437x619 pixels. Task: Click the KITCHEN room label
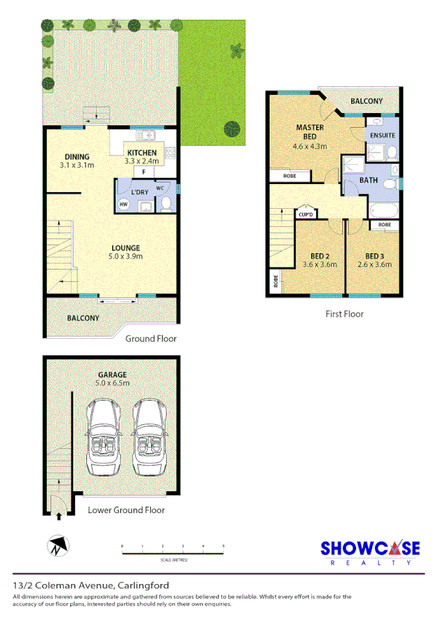140,152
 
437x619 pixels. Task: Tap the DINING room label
77,157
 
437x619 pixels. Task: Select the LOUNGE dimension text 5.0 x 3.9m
125,256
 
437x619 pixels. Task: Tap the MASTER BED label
310,132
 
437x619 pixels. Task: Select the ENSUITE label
382,136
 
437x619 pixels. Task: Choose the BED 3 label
374,256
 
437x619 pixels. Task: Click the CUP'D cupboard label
305,214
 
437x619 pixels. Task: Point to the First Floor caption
344,314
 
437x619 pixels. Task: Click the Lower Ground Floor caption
126,510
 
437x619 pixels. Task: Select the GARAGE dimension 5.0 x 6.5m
112,382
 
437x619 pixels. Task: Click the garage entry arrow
58,515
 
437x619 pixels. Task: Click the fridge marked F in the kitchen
144,171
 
